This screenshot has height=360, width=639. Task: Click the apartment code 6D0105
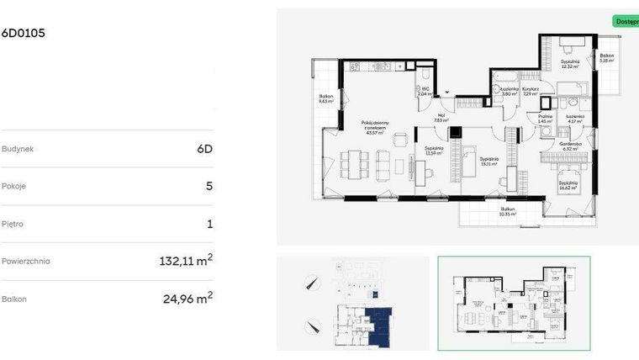pyautogui.click(x=24, y=34)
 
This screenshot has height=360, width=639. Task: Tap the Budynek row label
pyautogui.click(x=18, y=149)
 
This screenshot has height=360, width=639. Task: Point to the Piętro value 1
pyautogui.click(x=209, y=224)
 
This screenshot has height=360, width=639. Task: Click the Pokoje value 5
pyautogui.click(x=209, y=186)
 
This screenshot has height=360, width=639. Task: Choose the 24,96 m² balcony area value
pyautogui.click(x=187, y=298)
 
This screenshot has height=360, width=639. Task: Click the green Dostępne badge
pyautogui.click(x=626, y=21)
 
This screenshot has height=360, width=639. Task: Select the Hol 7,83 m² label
pyautogui.click(x=441, y=119)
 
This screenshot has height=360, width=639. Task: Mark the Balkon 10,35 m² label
pyautogui.click(x=507, y=211)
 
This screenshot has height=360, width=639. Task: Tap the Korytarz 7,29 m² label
pyautogui.click(x=530, y=91)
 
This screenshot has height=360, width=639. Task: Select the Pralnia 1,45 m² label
pyautogui.click(x=546, y=119)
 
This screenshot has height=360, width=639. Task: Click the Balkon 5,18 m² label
pyautogui.click(x=606, y=58)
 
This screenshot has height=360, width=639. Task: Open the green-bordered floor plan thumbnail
pyautogui.click(x=514, y=304)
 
